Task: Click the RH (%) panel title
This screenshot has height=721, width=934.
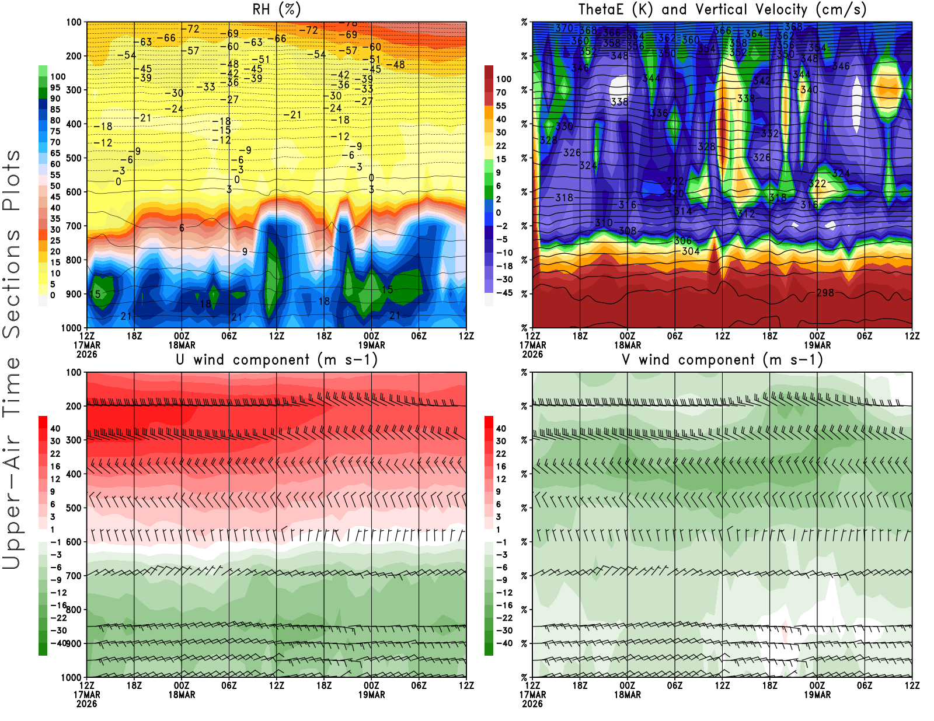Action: (276, 9)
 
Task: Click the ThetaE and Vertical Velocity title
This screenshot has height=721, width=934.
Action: (722, 9)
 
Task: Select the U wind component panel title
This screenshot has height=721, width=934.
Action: (276, 359)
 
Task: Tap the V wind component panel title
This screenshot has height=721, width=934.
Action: (722, 359)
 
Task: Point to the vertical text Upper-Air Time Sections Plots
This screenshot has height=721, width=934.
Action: (12, 359)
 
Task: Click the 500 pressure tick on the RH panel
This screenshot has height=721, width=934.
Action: (74, 158)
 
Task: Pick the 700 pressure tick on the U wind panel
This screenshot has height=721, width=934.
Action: (74, 576)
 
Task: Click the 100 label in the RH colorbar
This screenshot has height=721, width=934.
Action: (58, 76)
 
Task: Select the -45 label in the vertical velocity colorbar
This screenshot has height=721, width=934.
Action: (504, 293)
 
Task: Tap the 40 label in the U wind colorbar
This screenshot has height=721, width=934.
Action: (55, 428)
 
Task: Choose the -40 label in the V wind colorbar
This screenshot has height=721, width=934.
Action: (504, 643)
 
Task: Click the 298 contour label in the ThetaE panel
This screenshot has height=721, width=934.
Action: (825, 293)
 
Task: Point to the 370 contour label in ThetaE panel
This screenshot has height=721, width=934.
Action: (564, 28)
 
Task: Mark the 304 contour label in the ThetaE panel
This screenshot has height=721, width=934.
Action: (691, 251)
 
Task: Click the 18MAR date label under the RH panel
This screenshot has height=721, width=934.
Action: (182, 345)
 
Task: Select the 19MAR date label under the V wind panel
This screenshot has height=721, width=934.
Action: (817, 695)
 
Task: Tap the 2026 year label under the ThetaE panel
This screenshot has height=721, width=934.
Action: (532, 354)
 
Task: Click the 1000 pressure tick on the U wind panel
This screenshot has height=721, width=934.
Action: (71, 677)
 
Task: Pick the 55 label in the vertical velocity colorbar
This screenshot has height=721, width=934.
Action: (501, 106)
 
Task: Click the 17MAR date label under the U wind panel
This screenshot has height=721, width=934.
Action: (86, 695)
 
